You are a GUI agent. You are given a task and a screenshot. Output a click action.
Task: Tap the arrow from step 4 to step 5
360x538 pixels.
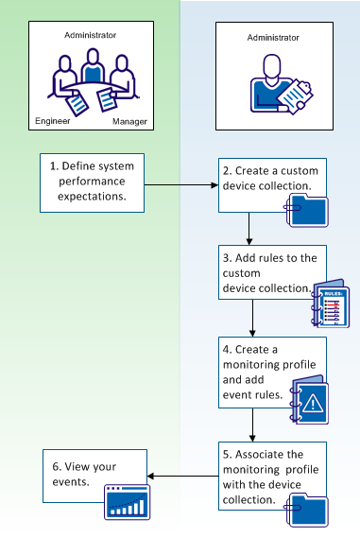pos(249,425)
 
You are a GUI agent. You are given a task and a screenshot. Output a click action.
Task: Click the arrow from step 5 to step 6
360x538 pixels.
pos(184,477)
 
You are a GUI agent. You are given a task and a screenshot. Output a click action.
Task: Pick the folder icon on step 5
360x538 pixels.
pos(311,511)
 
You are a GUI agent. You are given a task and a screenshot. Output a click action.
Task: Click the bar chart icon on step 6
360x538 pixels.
pos(127,505)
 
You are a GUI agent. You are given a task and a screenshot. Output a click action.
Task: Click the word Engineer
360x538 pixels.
pos(52,122)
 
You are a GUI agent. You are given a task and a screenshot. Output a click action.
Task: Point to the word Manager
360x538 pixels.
pos(129,122)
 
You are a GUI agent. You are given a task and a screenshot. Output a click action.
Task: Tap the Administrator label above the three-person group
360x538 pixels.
pos(91,34)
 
